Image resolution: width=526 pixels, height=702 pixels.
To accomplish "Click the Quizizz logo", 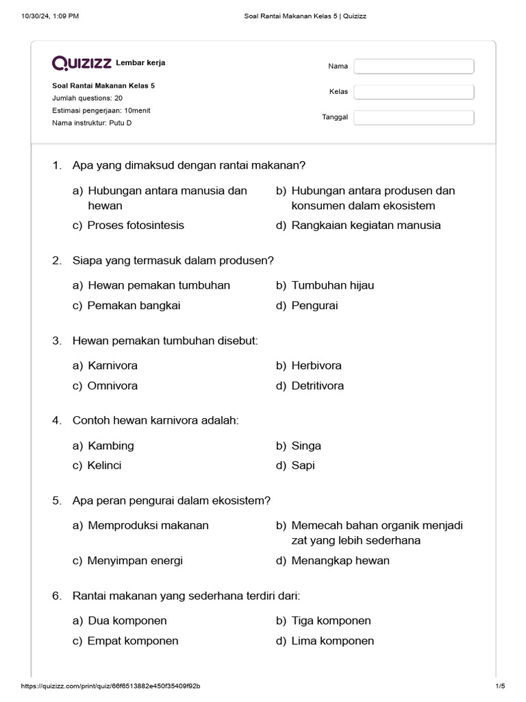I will coord(82,64).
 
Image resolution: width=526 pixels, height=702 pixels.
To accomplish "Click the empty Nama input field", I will coord(414,66).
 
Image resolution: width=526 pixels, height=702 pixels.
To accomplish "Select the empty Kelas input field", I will coord(414,92).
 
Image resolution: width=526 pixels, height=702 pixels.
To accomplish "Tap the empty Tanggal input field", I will coord(414,117).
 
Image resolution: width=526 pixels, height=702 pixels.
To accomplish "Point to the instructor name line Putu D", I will coord(92,123).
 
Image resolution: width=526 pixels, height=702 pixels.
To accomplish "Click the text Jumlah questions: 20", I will coord(88,98).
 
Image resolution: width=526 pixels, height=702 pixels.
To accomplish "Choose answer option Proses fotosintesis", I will coord(136,226).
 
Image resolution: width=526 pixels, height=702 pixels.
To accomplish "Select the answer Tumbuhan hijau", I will coord(333,285).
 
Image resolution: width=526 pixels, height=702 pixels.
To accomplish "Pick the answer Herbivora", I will coord(316,365).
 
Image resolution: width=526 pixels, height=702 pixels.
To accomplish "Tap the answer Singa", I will coord(306,446).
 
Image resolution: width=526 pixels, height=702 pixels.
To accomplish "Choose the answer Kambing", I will coord(111,446).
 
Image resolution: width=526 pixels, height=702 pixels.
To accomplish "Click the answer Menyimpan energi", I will coord(135,561).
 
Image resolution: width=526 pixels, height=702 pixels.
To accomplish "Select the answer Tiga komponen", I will coord(331,620).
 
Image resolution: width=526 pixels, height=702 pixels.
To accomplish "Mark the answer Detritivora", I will coord(318,386).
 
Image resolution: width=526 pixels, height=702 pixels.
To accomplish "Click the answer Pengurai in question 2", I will coord(314,306).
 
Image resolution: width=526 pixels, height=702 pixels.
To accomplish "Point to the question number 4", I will coord(57,420).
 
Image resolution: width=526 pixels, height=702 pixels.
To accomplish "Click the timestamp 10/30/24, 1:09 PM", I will coord(50,16).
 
